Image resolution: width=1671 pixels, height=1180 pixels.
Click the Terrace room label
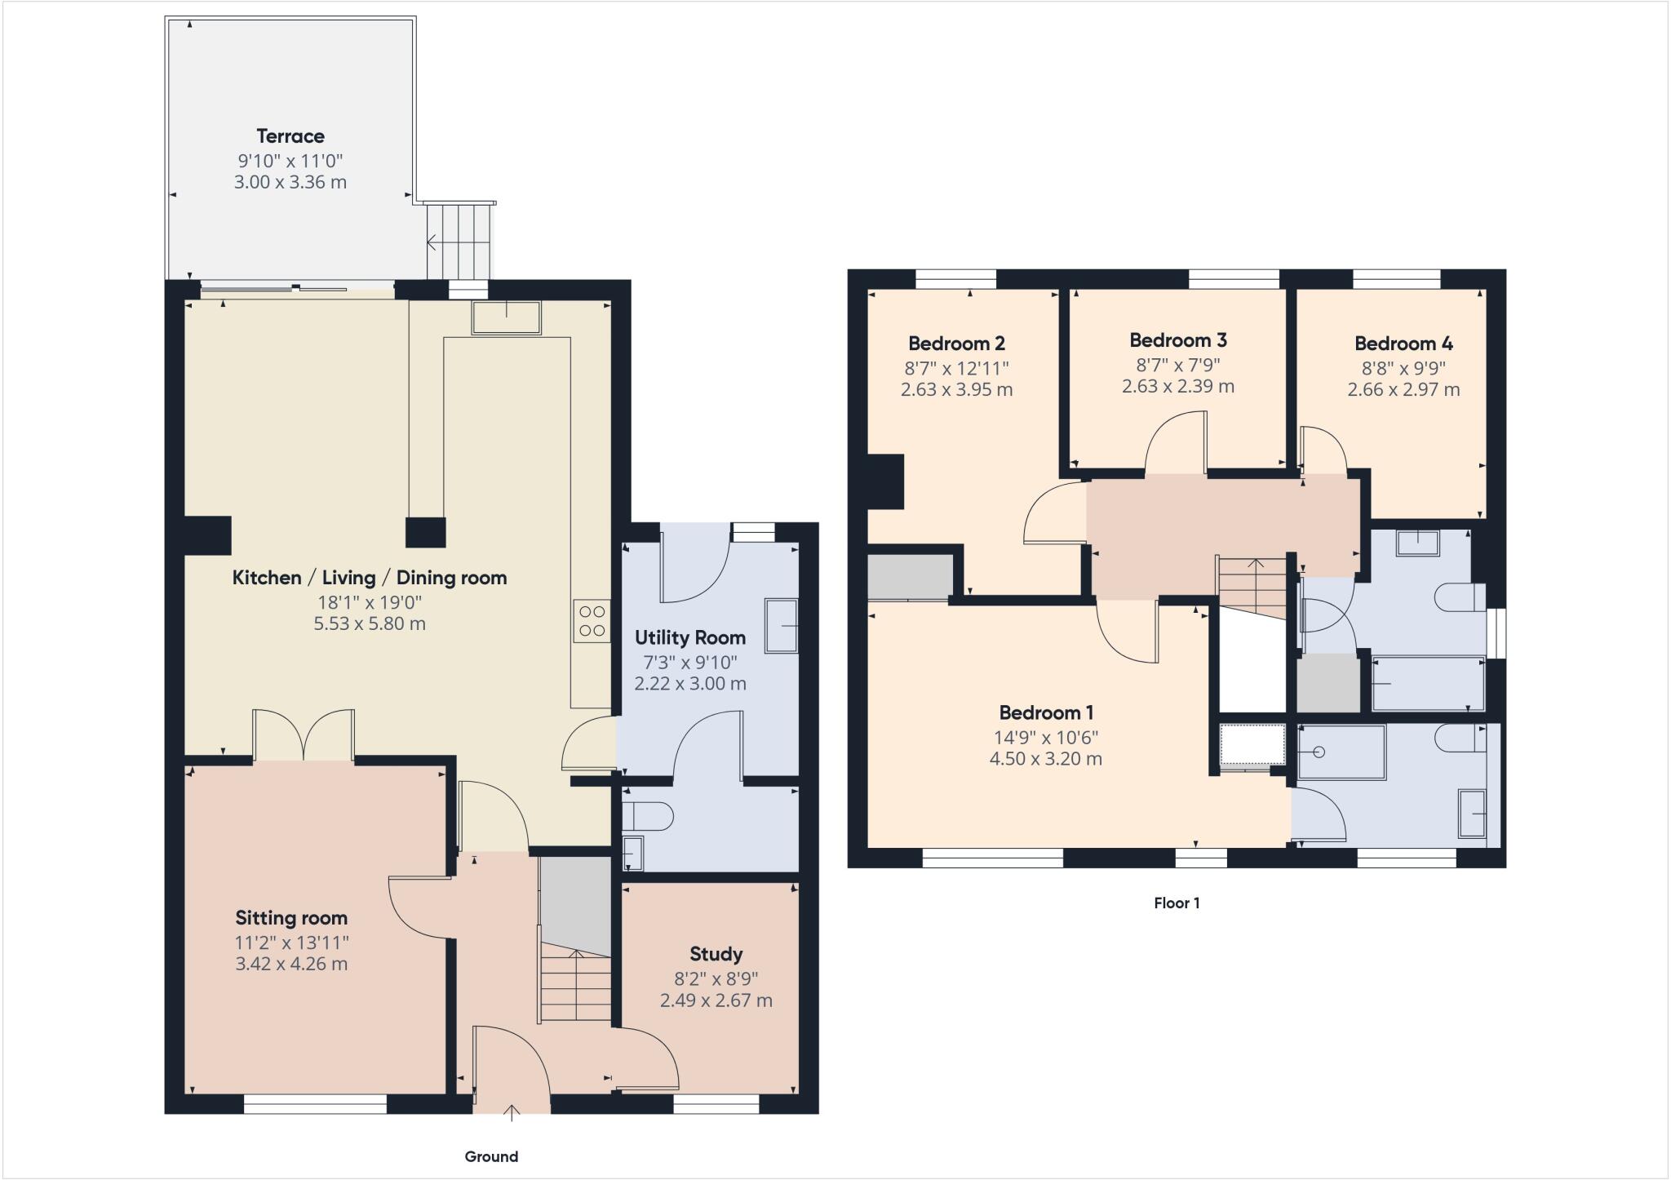click(290, 136)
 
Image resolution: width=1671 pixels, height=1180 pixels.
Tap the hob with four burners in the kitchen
click(592, 621)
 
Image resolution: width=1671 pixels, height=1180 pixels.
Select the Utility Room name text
click(689, 637)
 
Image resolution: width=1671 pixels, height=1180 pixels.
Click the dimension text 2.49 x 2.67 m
click(716, 1000)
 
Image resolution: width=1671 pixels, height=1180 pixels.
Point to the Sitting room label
click(291, 917)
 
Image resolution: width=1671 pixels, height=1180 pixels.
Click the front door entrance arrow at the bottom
click(512, 1112)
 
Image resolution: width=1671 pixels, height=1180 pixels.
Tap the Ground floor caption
click(491, 1156)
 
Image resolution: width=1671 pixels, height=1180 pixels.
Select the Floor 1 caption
click(1177, 903)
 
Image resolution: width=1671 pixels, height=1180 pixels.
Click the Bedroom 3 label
click(1177, 340)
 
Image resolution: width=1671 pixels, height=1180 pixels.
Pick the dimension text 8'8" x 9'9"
click(1403, 368)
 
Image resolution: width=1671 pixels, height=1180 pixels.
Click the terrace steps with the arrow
click(459, 242)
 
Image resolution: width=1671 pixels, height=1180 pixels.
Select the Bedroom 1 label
click(1046, 712)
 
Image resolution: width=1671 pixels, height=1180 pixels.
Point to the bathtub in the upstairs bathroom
click(1428, 683)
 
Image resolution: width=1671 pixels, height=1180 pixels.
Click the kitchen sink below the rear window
click(506, 317)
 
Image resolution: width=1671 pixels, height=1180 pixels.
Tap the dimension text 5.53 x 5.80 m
click(370, 623)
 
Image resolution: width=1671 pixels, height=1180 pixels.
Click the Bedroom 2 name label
click(956, 344)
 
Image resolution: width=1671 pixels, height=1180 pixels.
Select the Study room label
click(716, 954)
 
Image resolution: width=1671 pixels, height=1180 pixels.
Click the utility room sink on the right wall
click(781, 625)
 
